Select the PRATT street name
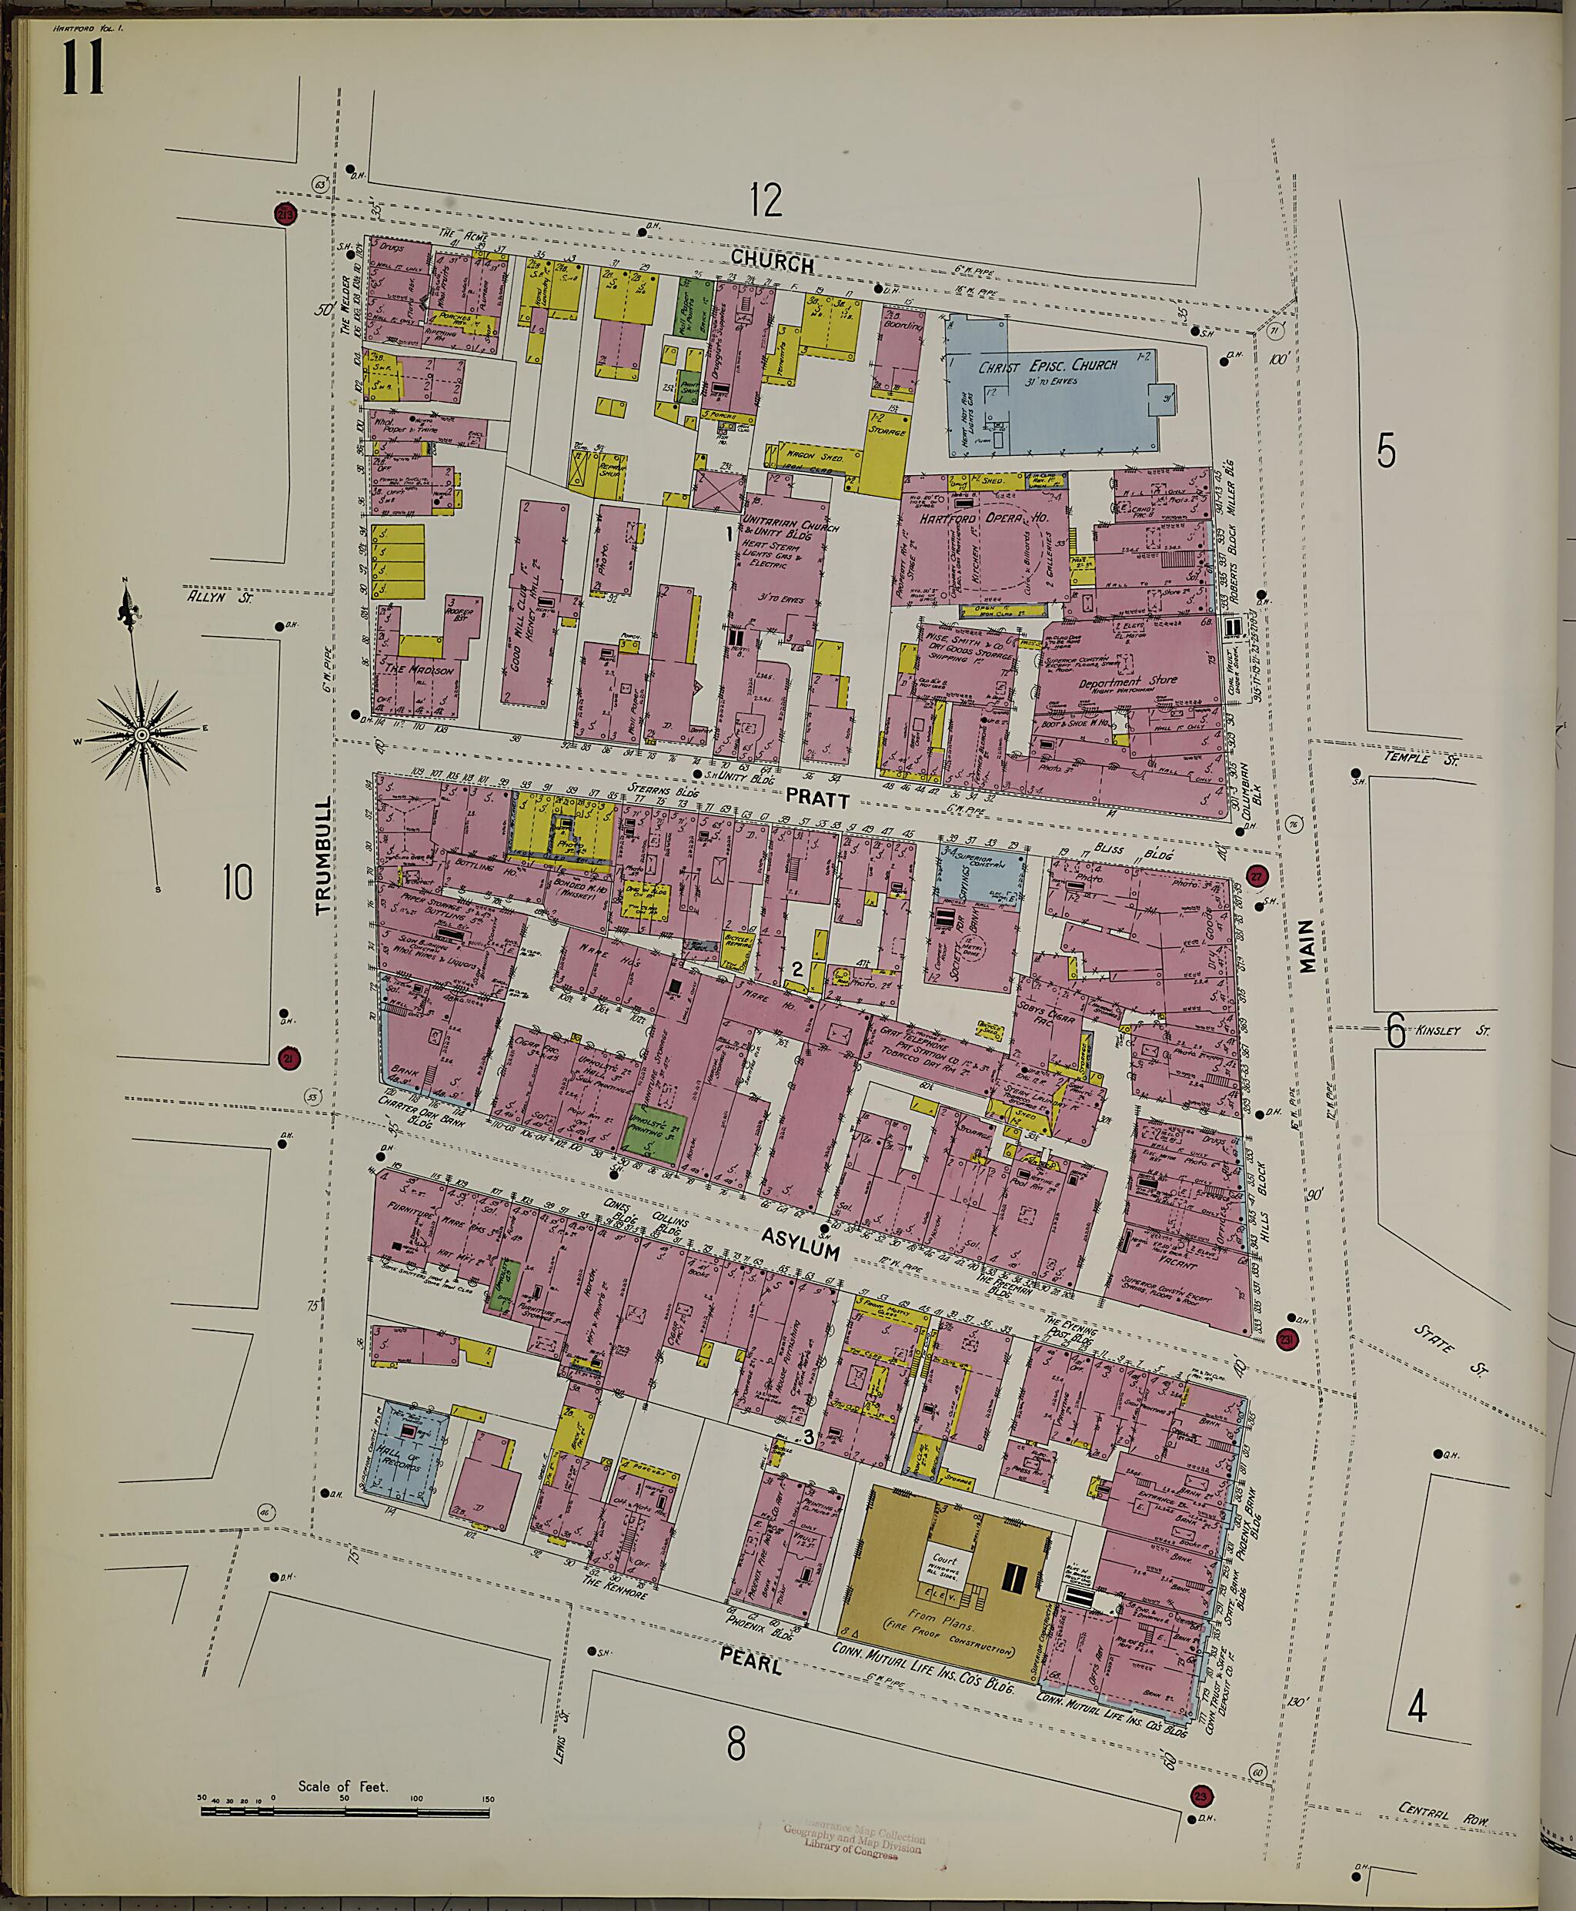click(817, 799)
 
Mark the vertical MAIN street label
click(1307, 945)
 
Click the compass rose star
click(142, 734)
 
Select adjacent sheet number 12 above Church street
click(766, 200)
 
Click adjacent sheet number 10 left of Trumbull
click(237, 881)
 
